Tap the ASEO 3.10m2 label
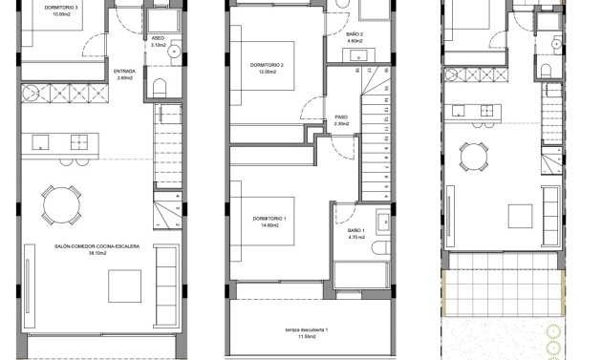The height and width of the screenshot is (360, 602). click(x=159, y=41)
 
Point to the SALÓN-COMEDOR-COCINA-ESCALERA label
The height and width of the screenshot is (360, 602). click(x=98, y=250)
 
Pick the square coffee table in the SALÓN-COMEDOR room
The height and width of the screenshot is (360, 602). click(x=125, y=286)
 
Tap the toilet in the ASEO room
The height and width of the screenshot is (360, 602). click(x=160, y=90)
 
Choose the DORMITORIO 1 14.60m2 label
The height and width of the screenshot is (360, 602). click(x=270, y=221)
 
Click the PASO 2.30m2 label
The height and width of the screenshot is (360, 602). click(x=341, y=121)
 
